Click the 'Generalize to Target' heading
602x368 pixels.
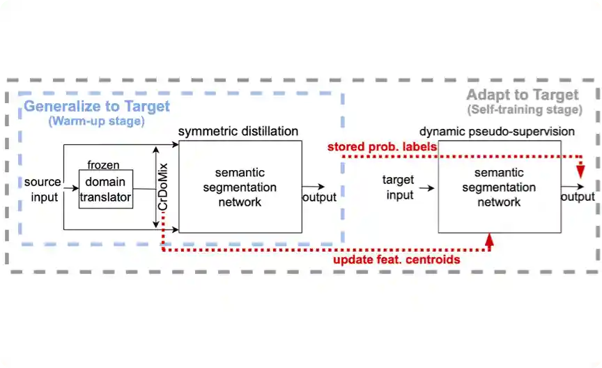point(97,107)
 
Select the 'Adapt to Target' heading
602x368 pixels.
point(522,95)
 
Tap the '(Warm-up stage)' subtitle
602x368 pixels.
point(96,121)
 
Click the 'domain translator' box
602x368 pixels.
point(106,189)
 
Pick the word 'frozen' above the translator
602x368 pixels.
point(103,165)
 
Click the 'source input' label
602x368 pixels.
point(43,189)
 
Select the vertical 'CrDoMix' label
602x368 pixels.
point(163,178)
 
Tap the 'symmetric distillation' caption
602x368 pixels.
point(238,131)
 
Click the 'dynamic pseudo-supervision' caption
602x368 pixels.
point(497,131)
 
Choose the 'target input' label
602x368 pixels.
point(400,187)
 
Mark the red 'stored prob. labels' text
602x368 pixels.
point(382,147)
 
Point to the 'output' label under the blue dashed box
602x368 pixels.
point(320,197)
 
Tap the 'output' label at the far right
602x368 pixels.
point(578,197)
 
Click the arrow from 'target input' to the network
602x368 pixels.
point(428,187)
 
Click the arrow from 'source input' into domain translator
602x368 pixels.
point(71,188)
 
